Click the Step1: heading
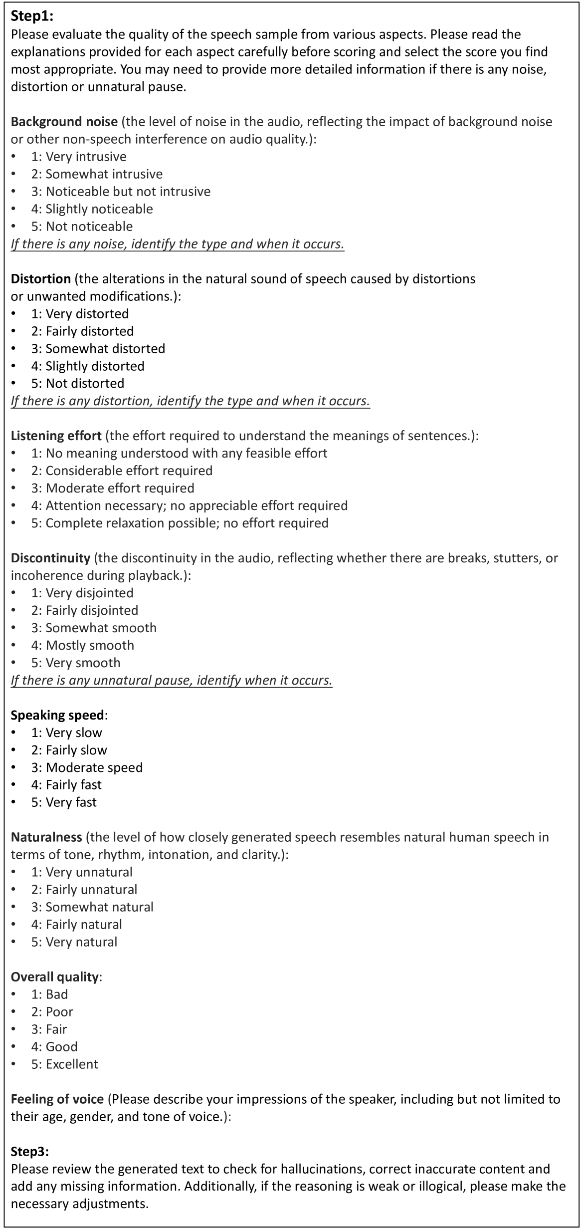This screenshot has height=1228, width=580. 32,16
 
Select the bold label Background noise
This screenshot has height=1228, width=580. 64,122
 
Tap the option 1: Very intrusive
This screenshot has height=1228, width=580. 79,157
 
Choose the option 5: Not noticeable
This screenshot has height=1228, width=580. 82,227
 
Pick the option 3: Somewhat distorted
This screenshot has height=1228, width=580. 98,348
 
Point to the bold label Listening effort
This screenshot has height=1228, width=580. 56,436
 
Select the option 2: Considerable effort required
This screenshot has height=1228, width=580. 122,471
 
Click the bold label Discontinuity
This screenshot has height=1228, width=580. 50,558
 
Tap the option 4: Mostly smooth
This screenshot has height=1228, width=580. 83,645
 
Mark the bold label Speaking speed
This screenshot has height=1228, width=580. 58,715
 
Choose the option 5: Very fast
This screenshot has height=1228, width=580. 64,802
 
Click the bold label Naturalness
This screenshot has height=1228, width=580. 46,837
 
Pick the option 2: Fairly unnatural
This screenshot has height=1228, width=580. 84,889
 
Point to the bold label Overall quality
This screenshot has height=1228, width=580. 55,977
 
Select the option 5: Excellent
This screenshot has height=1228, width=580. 65,1064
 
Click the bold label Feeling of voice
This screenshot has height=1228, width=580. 57,1099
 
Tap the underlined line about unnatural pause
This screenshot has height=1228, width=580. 172,680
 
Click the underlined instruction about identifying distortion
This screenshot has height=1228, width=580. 190,401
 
